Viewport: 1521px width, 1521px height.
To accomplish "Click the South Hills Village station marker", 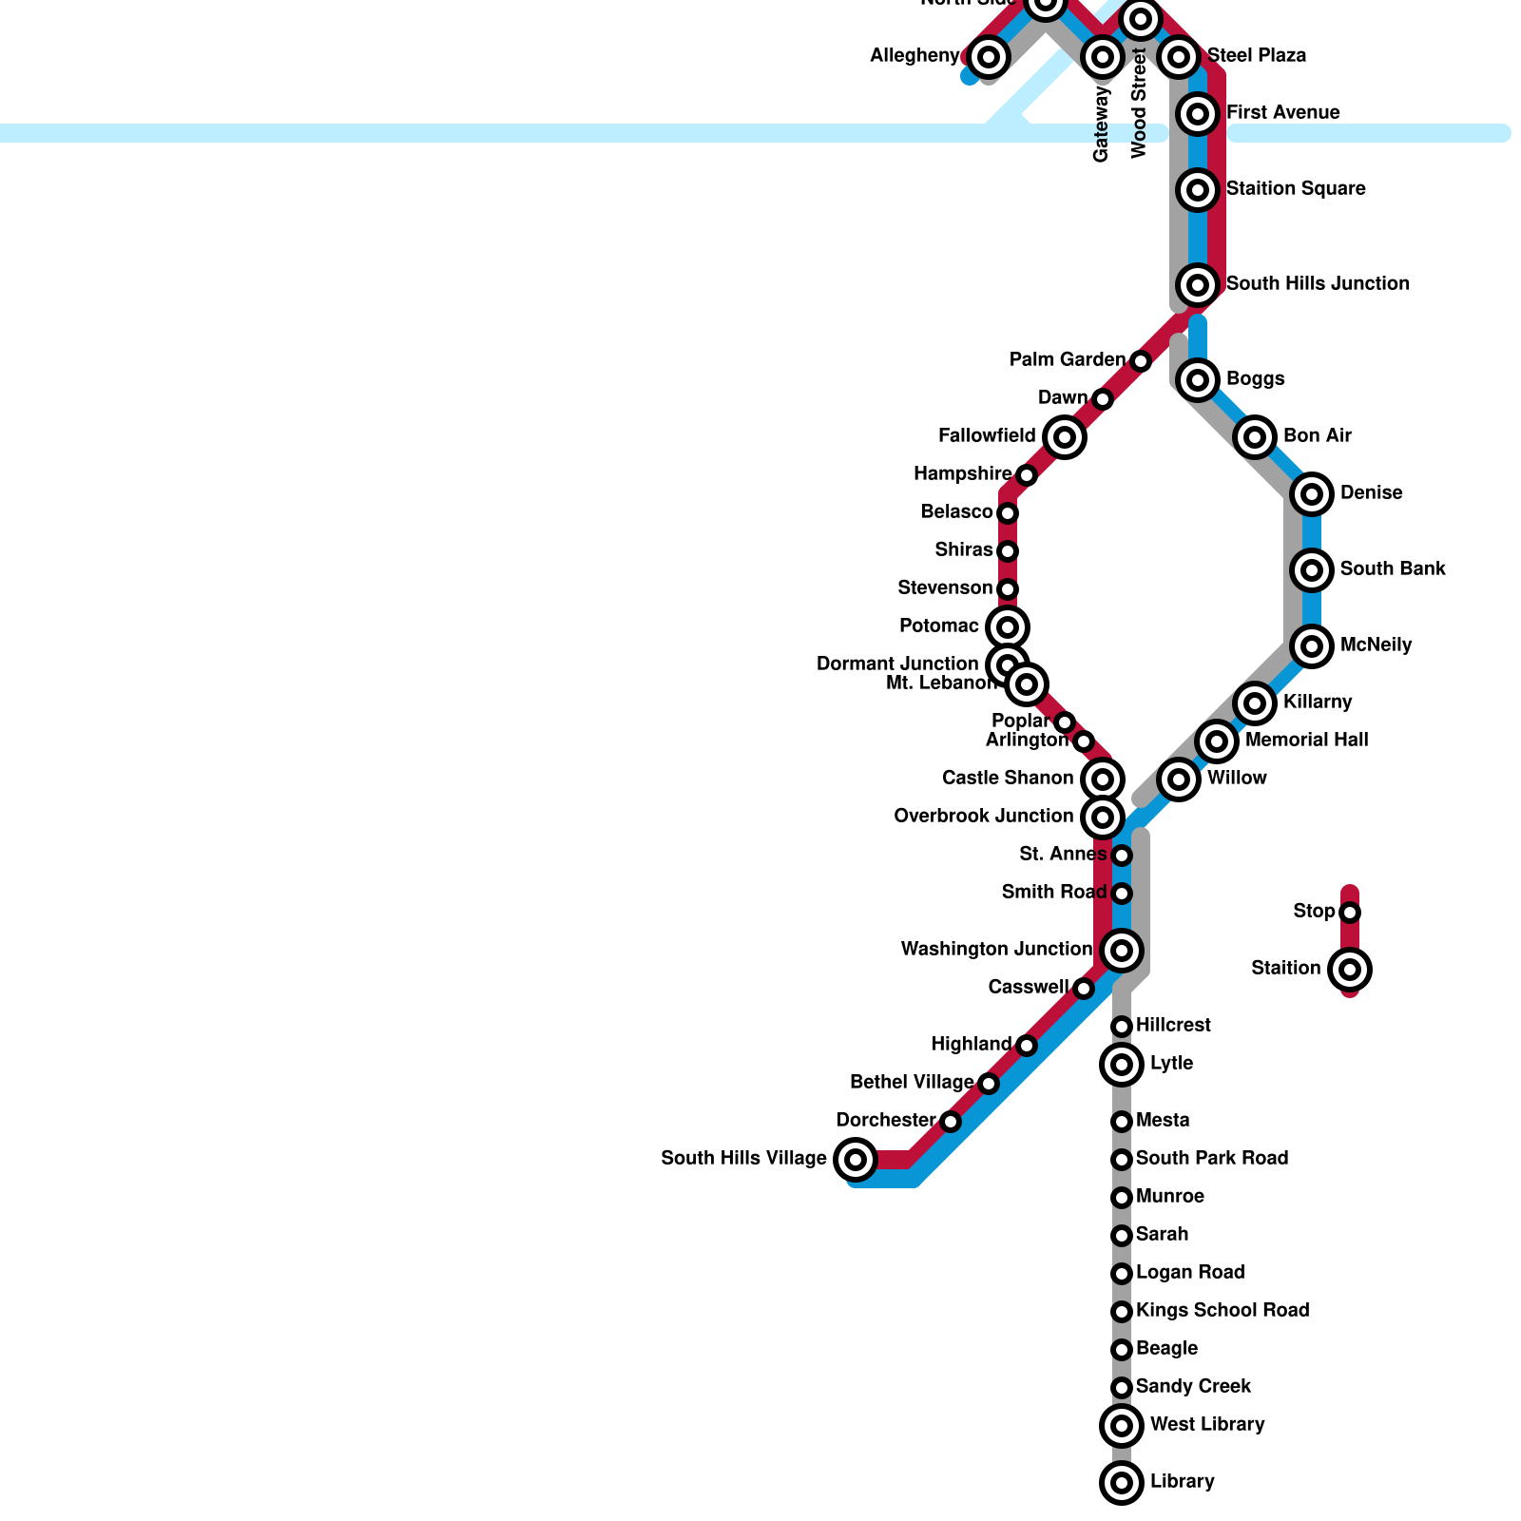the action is (856, 1159).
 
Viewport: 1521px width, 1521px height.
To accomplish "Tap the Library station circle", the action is (1122, 1482).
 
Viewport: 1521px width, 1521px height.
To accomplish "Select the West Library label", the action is (1206, 1424).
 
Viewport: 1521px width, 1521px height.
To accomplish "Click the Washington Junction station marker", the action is (1122, 950).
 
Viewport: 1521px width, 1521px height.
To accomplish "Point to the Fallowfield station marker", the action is (1065, 436).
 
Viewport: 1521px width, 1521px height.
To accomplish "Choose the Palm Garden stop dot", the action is (1141, 360).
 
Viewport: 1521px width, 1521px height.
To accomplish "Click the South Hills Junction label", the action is (1318, 283).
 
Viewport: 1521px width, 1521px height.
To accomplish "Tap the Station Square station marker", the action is (1198, 189).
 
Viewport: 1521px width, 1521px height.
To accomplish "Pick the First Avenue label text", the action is (1282, 112).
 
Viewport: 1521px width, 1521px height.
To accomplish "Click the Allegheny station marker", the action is (989, 56).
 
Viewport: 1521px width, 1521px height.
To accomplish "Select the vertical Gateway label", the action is (1101, 124).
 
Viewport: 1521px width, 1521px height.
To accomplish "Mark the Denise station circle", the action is (1312, 493).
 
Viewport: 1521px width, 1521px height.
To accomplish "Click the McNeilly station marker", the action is (1312, 645).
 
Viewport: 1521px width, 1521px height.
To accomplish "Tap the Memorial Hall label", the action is (1306, 740).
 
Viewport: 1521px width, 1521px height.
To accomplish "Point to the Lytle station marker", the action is (1122, 1064).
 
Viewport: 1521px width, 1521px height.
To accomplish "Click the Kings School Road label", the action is (1223, 1310).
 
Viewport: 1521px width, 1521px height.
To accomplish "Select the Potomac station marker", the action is (1008, 626).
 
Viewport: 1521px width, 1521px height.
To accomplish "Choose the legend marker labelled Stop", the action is (1350, 913).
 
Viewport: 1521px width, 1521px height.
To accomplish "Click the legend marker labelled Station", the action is (1350, 970).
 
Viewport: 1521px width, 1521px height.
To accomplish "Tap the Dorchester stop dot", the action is (951, 1122).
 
